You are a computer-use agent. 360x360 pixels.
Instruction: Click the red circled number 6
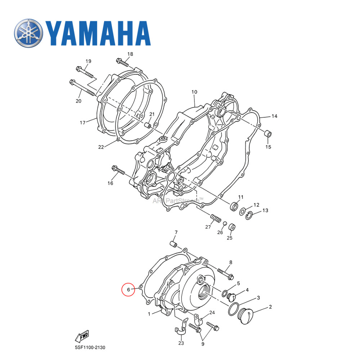129,289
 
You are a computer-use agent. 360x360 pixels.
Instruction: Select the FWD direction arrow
82,336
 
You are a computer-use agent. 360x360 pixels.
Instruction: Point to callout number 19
88,61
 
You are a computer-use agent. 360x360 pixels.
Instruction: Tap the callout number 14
274,116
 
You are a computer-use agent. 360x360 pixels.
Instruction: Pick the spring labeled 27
215,219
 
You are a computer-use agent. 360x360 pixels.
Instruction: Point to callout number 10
194,92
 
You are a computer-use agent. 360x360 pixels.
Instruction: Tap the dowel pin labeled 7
173,245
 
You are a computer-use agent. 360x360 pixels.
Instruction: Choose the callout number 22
101,147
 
